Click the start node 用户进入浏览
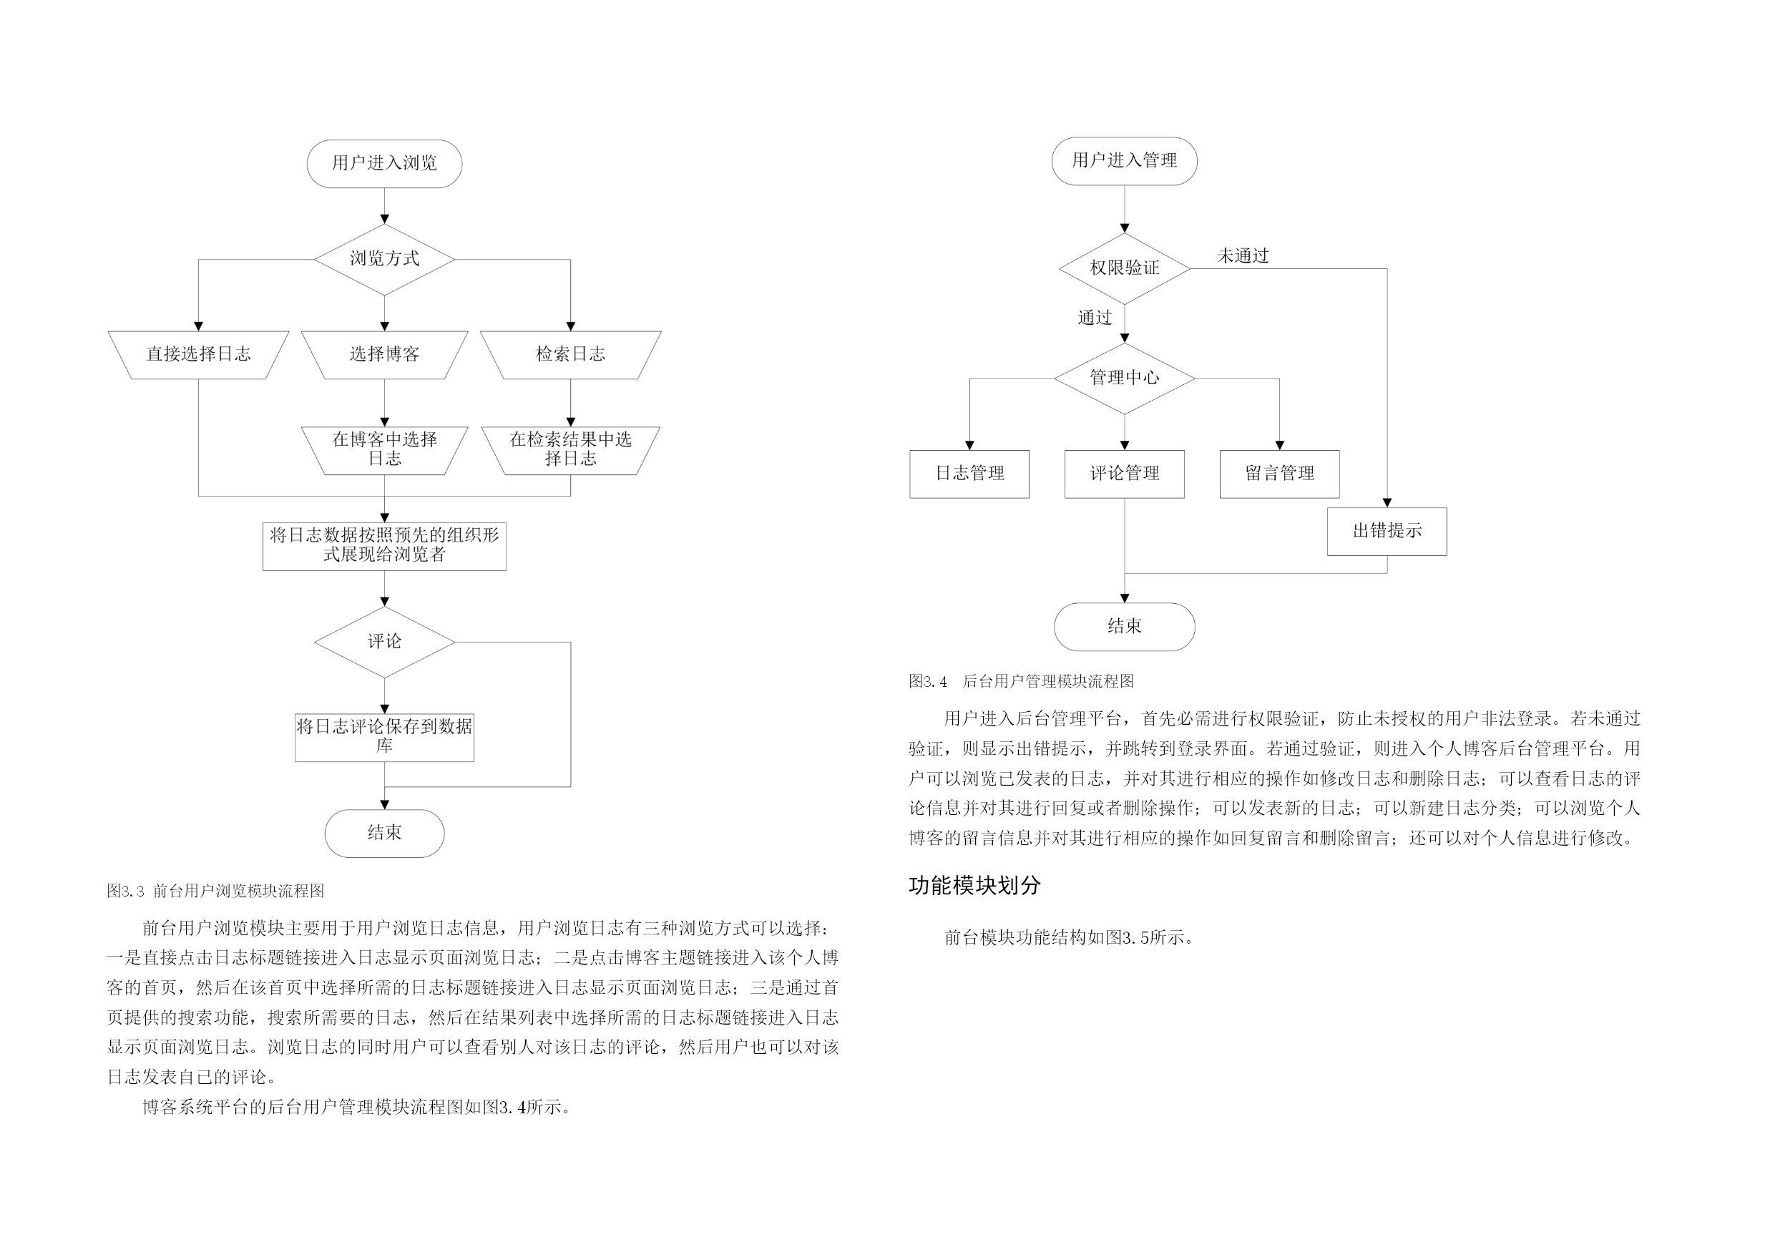click(384, 163)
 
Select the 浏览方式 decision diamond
click(384, 259)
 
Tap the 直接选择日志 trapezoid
click(199, 355)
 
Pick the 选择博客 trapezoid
click(384, 355)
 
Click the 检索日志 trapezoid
click(570, 355)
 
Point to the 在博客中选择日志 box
click(384, 450)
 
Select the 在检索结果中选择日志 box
click(570, 450)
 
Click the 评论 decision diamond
click(384, 642)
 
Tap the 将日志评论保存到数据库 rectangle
click(384, 738)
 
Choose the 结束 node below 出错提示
click(1124, 626)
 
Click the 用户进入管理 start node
click(1124, 161)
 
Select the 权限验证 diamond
click(1124, 268)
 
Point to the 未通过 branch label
click(1243, 256)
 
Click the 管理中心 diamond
click(1124, 378)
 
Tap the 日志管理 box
click(969, 474)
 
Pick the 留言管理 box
click(1279, 474)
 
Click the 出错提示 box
click(1387, 531)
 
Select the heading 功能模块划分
click(975, 885)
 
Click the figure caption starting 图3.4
click(1021, 681)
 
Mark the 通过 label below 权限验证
click(1095, 318)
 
